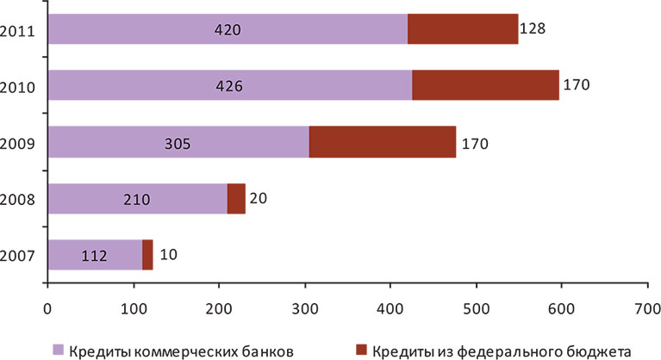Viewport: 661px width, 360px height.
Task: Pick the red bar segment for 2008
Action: point(236,198)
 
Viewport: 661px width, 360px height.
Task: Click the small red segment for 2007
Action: point(147,254)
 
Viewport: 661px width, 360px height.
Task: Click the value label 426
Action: point(229,86)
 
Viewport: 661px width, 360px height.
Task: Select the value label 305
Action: point(178,143)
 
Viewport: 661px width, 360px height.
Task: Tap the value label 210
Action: point(136,199)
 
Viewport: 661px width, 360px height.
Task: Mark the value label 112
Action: point(95,255)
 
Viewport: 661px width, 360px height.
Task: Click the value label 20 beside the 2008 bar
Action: point(259,198)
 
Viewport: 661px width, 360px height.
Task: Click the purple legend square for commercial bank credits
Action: point(59,349)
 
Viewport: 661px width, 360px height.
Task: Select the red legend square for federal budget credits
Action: point(361,349)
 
